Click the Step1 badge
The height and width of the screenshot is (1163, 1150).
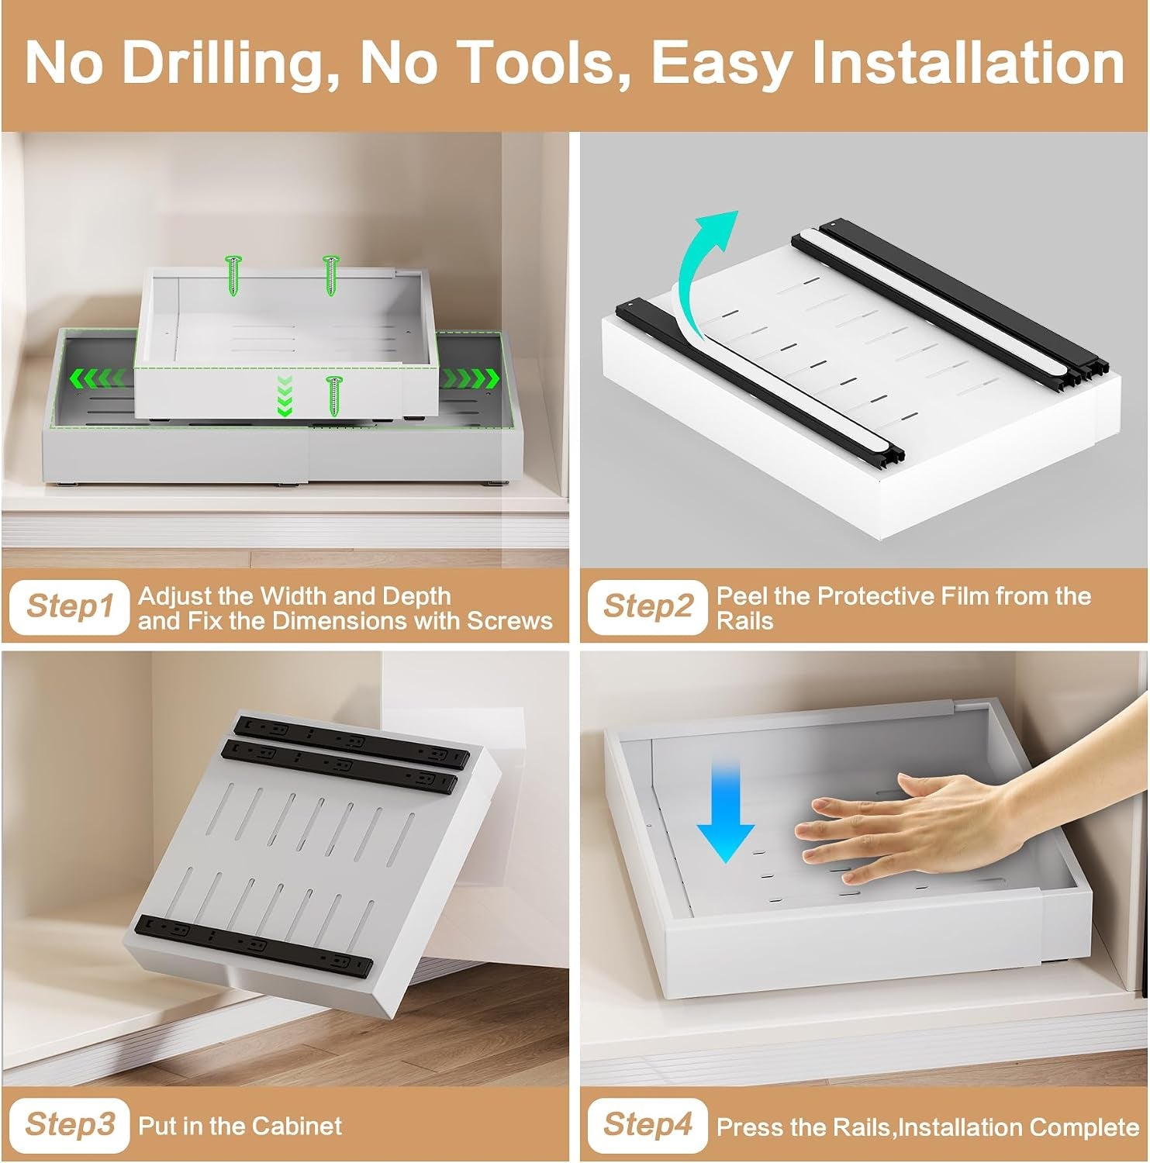[69, 606]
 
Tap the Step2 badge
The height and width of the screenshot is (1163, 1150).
[648, 606]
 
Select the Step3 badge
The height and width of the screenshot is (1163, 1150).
[69, 1125]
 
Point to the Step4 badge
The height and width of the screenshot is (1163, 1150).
[648, 1125]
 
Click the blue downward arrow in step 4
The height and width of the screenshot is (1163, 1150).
[725, 810]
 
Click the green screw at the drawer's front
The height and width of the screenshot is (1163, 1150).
[334, 395]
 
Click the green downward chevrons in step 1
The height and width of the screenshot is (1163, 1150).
[285, 395]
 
